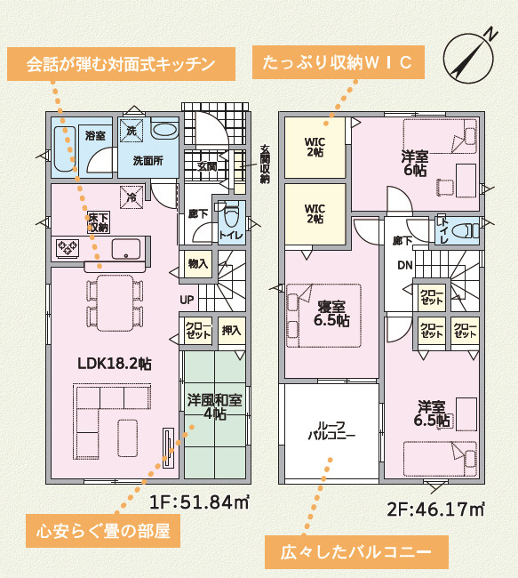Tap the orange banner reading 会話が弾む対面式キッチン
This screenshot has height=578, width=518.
[121, 64]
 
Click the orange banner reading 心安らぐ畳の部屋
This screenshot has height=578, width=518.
[103, 533]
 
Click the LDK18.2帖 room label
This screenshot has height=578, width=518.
[114, 364]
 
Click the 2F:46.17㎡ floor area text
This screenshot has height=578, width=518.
[434, 510]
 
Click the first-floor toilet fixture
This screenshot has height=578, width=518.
[231, 216]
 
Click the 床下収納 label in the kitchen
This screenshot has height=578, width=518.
[97, 222]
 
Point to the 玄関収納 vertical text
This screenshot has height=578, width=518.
[264, 164]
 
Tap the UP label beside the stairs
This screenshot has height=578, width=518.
[187, 300]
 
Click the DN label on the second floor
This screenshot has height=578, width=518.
[404, 265]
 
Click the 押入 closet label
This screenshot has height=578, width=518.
[231, 329]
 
